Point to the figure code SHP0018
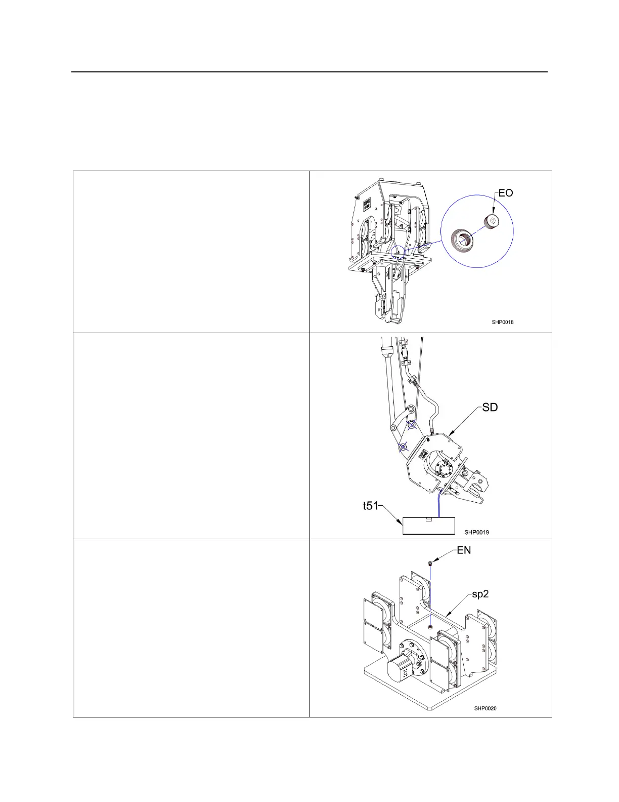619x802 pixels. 503,322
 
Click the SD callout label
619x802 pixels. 490,407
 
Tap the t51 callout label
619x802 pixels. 372,506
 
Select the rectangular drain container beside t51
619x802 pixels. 429,526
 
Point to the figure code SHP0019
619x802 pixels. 476,532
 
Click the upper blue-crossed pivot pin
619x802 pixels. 412,425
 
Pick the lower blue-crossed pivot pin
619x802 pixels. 403,447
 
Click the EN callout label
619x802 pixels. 464,550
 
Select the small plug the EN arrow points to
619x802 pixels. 429,563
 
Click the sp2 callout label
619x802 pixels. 480,594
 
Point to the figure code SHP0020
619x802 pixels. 485,708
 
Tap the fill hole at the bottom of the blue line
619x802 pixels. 429,627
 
